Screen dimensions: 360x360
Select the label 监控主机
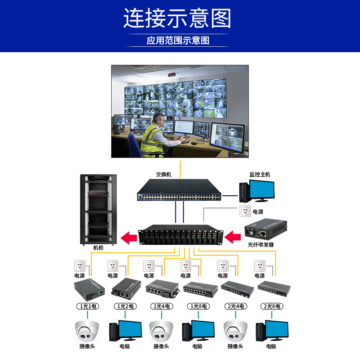[260, 174]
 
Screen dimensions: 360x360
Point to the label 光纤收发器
[261, 245]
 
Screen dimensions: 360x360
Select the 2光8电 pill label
[271, 306]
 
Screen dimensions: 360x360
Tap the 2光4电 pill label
[235, 306]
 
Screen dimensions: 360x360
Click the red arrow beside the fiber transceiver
[233, 236]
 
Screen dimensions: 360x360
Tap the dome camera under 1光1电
[86, 332]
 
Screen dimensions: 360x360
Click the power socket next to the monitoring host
[245, 211]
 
